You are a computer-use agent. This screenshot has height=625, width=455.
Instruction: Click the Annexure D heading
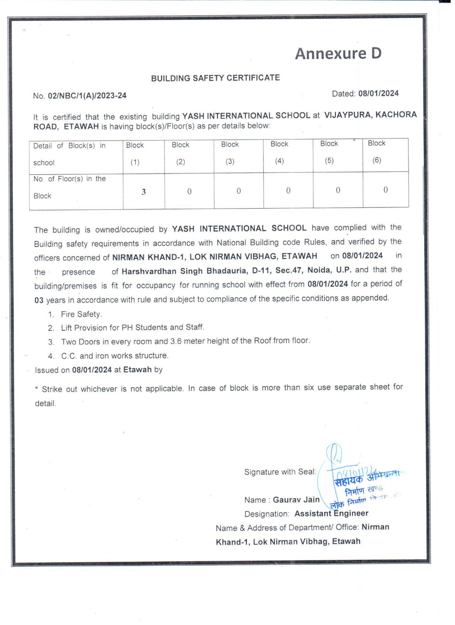pyautogui.click(x=338, y=54)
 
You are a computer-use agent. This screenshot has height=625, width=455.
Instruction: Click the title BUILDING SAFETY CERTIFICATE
pyautogui.click(x=215, y=78)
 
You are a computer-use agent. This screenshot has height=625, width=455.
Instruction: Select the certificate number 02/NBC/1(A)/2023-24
pyautogui.click(x=87, y=96)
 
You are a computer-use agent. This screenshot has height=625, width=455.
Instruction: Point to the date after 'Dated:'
pyautogui.click(x=378, y=93)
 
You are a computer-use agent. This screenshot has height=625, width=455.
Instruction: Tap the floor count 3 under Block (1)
pyautogui.click(x=144, y=192)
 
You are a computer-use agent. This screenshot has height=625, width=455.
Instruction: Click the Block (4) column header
pyautogui.click(x=279, y=152)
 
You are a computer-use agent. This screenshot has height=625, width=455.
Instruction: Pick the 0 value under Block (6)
pyautogui.click(x=385, y=190)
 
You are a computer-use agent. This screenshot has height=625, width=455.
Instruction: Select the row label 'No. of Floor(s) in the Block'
pyautogui.click(x=70, y=187)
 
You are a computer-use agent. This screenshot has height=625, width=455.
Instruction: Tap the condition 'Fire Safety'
pyautogui.click(x=81, y=314)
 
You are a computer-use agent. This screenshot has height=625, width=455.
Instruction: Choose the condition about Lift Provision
pyautogui.click(x=132, y=328)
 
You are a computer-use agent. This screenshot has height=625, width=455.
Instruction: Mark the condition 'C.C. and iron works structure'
pyautogui.click(x=115, y=356)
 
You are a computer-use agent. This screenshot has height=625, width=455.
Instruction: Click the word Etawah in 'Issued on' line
pyautogui.click(x=137, y=370)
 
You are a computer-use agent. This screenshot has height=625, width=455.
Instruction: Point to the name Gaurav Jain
pyautogui.click(x=296, y=500)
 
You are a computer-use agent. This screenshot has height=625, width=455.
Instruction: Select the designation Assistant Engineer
pyautogui.click(x=331, y=513)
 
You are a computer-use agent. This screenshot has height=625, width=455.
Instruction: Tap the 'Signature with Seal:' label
pyautogui.click(x=280, y=472)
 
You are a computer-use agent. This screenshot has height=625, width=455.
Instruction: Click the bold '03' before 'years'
pyautogui.click(x=39, y=300)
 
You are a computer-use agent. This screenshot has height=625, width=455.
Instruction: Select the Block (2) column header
pyautogui.click(x=180, y=153)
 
